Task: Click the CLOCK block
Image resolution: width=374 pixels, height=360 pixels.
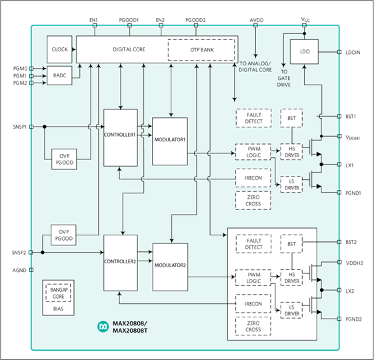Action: [x=59, y=49]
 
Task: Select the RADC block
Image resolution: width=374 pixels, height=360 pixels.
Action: [x=59, y=75]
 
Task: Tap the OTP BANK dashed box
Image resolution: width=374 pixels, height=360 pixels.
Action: [x=201, y=50]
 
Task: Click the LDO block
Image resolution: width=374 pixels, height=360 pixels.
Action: [x=304, y=52]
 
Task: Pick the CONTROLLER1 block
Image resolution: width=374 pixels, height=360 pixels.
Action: [x=121, y=137]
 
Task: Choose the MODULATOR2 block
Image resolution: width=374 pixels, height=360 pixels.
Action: [x=170, y=267]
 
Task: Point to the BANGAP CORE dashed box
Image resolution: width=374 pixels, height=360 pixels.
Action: [x=58, y=293]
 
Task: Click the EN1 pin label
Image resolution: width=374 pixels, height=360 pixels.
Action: [x=93, y=20]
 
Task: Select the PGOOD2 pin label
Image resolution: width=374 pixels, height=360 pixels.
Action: [x=195, y=20]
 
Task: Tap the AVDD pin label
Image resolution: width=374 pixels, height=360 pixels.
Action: [x=257, y=20]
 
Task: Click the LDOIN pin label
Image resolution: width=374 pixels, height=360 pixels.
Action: [x=353, y=53]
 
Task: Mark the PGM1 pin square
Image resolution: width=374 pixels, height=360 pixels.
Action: [x=31, y=76]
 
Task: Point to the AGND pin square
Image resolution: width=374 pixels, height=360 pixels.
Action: [x=31, y=270]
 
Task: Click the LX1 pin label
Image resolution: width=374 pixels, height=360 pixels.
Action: [x=349, y=165]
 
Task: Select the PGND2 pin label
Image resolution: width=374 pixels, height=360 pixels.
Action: [x=353, y=319]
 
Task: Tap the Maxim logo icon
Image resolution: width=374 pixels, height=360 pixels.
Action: [x=103, y=327]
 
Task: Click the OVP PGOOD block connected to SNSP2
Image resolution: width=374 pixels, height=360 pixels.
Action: [x=63, y=235]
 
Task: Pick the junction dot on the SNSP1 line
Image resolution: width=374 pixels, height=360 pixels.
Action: [x=45, y=127]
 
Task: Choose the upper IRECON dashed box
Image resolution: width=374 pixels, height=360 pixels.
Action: [x=253, y=178]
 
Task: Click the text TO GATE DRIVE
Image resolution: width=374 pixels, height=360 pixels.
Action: [x=283, y=78]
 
